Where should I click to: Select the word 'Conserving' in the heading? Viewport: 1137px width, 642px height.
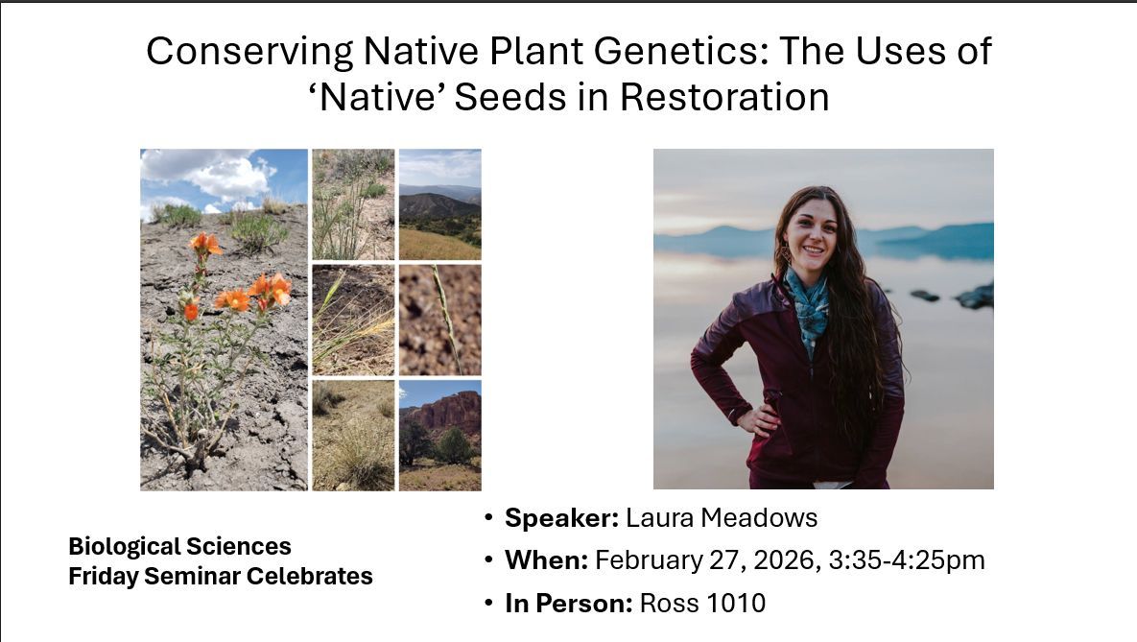(x=249, y=51)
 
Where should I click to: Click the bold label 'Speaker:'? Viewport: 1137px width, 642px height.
(x=561, y=518)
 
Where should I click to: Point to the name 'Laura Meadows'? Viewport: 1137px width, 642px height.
(x=722, y=518)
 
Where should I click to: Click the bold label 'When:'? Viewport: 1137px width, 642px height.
(x=546, y=560)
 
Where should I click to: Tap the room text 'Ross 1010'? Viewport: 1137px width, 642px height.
(x=702, y=603)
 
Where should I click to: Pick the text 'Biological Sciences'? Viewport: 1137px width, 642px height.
(x=179, y=546)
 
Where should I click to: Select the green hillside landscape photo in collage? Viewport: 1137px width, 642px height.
(x=439, y=203)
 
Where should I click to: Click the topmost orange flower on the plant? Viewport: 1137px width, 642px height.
(x=203, y=244)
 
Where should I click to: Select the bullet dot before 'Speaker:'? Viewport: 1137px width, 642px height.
(x=489, y=518)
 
